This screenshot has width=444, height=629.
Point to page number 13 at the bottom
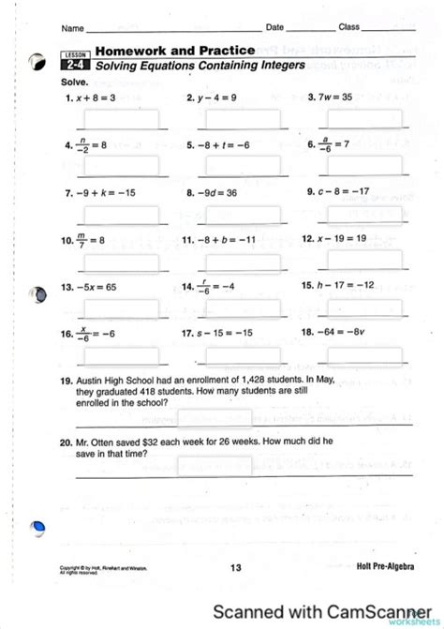(235, 566)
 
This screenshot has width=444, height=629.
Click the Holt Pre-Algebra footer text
(386, 566)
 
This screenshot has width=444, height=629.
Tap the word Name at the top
(73, 27)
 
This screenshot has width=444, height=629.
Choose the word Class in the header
(349, 26)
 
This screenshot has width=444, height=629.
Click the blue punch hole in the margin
(38, 528)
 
